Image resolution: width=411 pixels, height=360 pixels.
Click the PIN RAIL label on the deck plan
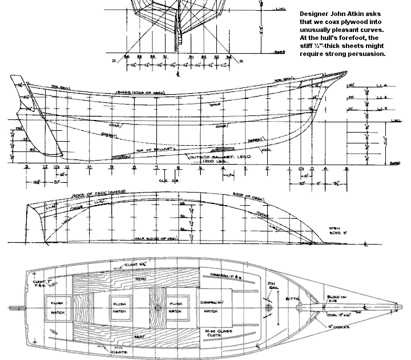(x=272, y=285)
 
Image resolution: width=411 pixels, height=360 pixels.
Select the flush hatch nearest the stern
(x=57, y=304)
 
